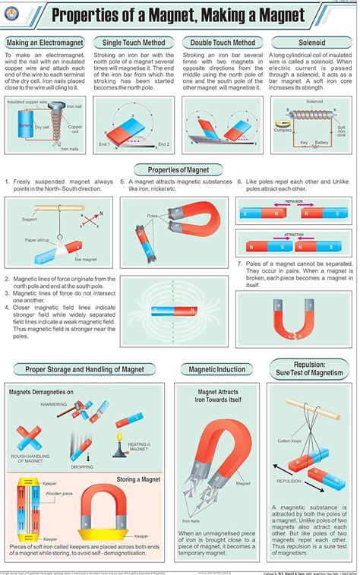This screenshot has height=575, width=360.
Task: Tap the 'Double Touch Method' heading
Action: click(x=223, y=43)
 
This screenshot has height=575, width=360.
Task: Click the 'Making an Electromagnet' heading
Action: click(x=46, y=43)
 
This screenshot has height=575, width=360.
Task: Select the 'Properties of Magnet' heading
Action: click(x=178, y=169)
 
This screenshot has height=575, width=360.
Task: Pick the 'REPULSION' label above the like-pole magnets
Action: click(x=294, y=203)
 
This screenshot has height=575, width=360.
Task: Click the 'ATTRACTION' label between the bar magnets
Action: click(x=294, y=235)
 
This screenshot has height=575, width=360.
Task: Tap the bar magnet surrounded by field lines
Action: click(x=164, y=309)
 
